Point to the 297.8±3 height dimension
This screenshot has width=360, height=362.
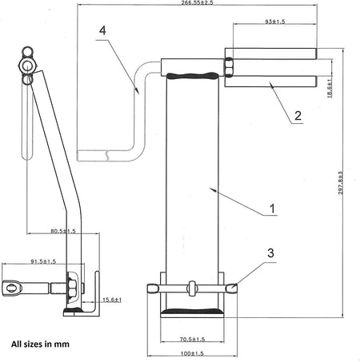[x=341, y=182]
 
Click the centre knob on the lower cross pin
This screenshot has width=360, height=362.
[x=192, y=286]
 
